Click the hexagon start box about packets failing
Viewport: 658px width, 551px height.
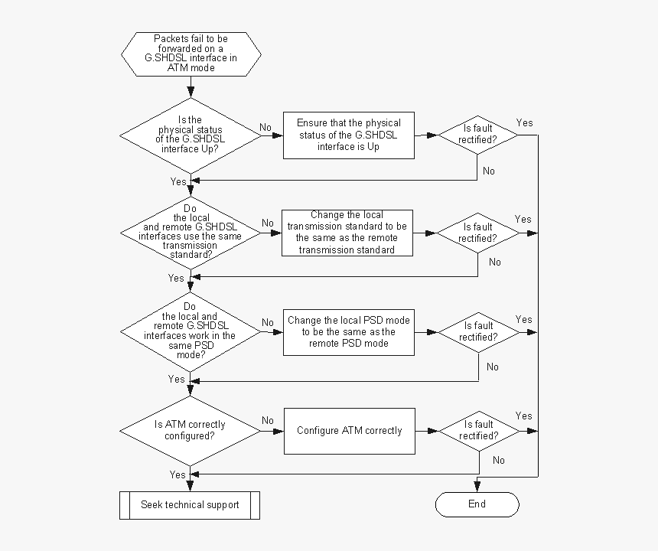tap(191, 54)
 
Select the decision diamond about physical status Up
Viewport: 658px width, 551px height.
tap(191, 135)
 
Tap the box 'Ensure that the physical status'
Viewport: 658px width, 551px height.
tap(348, 135)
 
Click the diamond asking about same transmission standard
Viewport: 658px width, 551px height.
tap(191, 232)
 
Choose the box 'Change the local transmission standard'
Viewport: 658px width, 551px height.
tap(347, 233)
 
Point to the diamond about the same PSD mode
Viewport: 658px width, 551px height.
tap(191, 332)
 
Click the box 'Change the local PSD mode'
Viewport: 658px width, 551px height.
tap(348, 332)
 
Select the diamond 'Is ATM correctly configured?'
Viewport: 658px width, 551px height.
tap(191, 431)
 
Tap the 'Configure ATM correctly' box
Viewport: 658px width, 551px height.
tap(349, 431)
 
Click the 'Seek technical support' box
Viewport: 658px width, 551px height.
tap(190, 505)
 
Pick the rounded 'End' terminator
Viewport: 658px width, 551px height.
tap(477, 504)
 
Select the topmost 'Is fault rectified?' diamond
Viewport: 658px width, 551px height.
tap(477, 135)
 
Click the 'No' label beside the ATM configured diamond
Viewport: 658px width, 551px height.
tap(268, 420)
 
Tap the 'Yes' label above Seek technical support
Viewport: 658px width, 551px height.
tap(178, 474)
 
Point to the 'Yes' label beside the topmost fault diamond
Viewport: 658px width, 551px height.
tap(524, 122)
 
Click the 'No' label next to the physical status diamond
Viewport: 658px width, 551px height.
tap(265, 127)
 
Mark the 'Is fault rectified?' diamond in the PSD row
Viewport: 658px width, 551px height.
tap(478, 332)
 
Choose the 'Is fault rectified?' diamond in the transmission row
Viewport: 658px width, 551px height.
tap(477, 233)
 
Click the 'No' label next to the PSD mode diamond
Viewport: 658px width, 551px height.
tap(268, 322)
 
